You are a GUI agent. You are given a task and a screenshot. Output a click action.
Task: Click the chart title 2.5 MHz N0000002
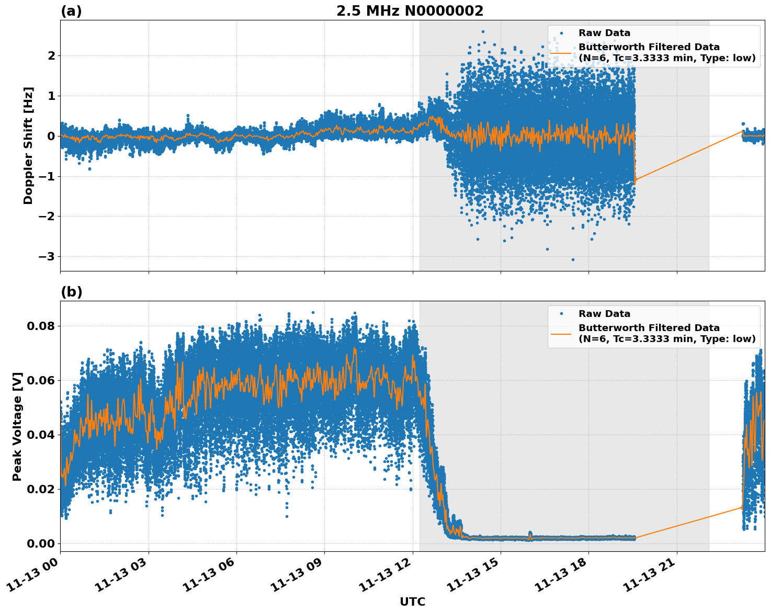click(x=410, y=11)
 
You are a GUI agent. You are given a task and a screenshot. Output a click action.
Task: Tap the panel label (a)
click(x=71, y=11)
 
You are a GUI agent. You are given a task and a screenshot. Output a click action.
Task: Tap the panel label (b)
click(x=72, y=292)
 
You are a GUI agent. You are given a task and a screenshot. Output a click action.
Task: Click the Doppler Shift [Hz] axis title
click(x=28, y=145)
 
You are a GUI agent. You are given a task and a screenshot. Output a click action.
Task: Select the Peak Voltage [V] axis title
click(x=17, y=426)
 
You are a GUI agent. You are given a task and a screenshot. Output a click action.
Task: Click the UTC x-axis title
click(x=412, y=601)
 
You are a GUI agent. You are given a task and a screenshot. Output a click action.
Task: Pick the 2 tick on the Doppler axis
click(x=51, y=55)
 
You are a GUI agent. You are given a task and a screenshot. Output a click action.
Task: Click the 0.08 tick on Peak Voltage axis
click(x=40, y=326)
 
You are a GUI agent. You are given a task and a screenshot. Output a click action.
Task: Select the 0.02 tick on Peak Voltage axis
click(x=40, y=489)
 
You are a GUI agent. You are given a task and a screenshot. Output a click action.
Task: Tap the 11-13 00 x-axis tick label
click(x=34, y=578)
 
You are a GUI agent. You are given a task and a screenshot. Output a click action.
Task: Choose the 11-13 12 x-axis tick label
click(x=386, y=578)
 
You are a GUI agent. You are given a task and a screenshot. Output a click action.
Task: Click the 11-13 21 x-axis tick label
click(x=650, y=578)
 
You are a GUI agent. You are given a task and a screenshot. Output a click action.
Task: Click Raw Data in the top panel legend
click(x=604, y=33)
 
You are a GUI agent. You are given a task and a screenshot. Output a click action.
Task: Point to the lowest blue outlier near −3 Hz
click(x=573, y=259)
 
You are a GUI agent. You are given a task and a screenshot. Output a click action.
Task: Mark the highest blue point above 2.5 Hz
click(x=483, y=31)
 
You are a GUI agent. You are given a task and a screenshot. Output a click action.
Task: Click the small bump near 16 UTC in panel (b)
click(x=530, y=534)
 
